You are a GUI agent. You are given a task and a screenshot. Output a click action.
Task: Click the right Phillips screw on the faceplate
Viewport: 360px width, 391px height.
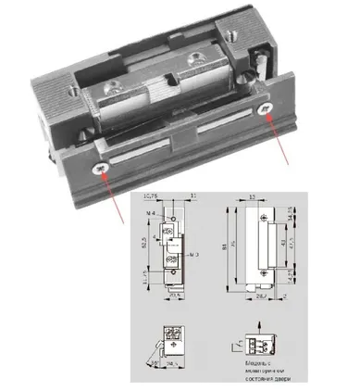267,109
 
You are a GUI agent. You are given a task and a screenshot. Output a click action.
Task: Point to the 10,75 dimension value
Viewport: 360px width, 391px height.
154,197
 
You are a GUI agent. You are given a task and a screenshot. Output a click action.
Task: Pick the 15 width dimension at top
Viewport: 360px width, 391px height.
252,198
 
